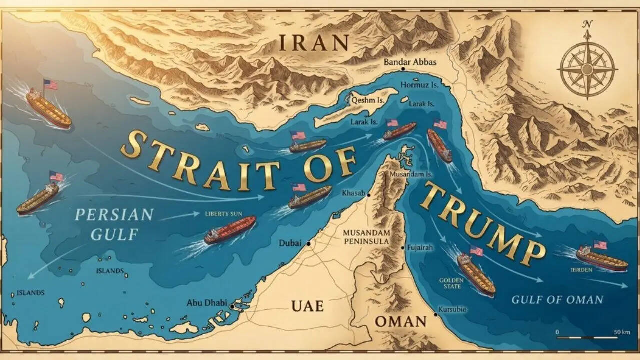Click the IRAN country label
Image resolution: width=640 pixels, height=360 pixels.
(x=313, y=43)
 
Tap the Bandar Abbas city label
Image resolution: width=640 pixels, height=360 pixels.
(x=410, y=62)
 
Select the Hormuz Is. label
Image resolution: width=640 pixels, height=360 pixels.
(x=419, y=85)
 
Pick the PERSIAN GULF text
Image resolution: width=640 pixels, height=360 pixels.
(x=114, y=224)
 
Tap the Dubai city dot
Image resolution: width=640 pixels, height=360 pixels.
(x=309, y=244)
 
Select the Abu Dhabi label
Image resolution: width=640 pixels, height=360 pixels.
(x=206, y=303)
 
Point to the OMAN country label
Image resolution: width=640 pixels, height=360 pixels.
(x=400, y=321)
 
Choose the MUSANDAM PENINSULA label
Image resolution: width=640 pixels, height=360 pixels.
(x=366, y=237)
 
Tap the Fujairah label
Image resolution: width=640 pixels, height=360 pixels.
(x=420, y=248)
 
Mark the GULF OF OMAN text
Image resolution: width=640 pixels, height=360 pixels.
(x=557, y=300)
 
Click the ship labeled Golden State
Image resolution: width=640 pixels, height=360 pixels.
(x=475, y=273)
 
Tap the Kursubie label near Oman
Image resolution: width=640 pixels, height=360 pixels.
(x=452, y=309)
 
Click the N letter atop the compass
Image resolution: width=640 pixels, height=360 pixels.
(x=588, y=24)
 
